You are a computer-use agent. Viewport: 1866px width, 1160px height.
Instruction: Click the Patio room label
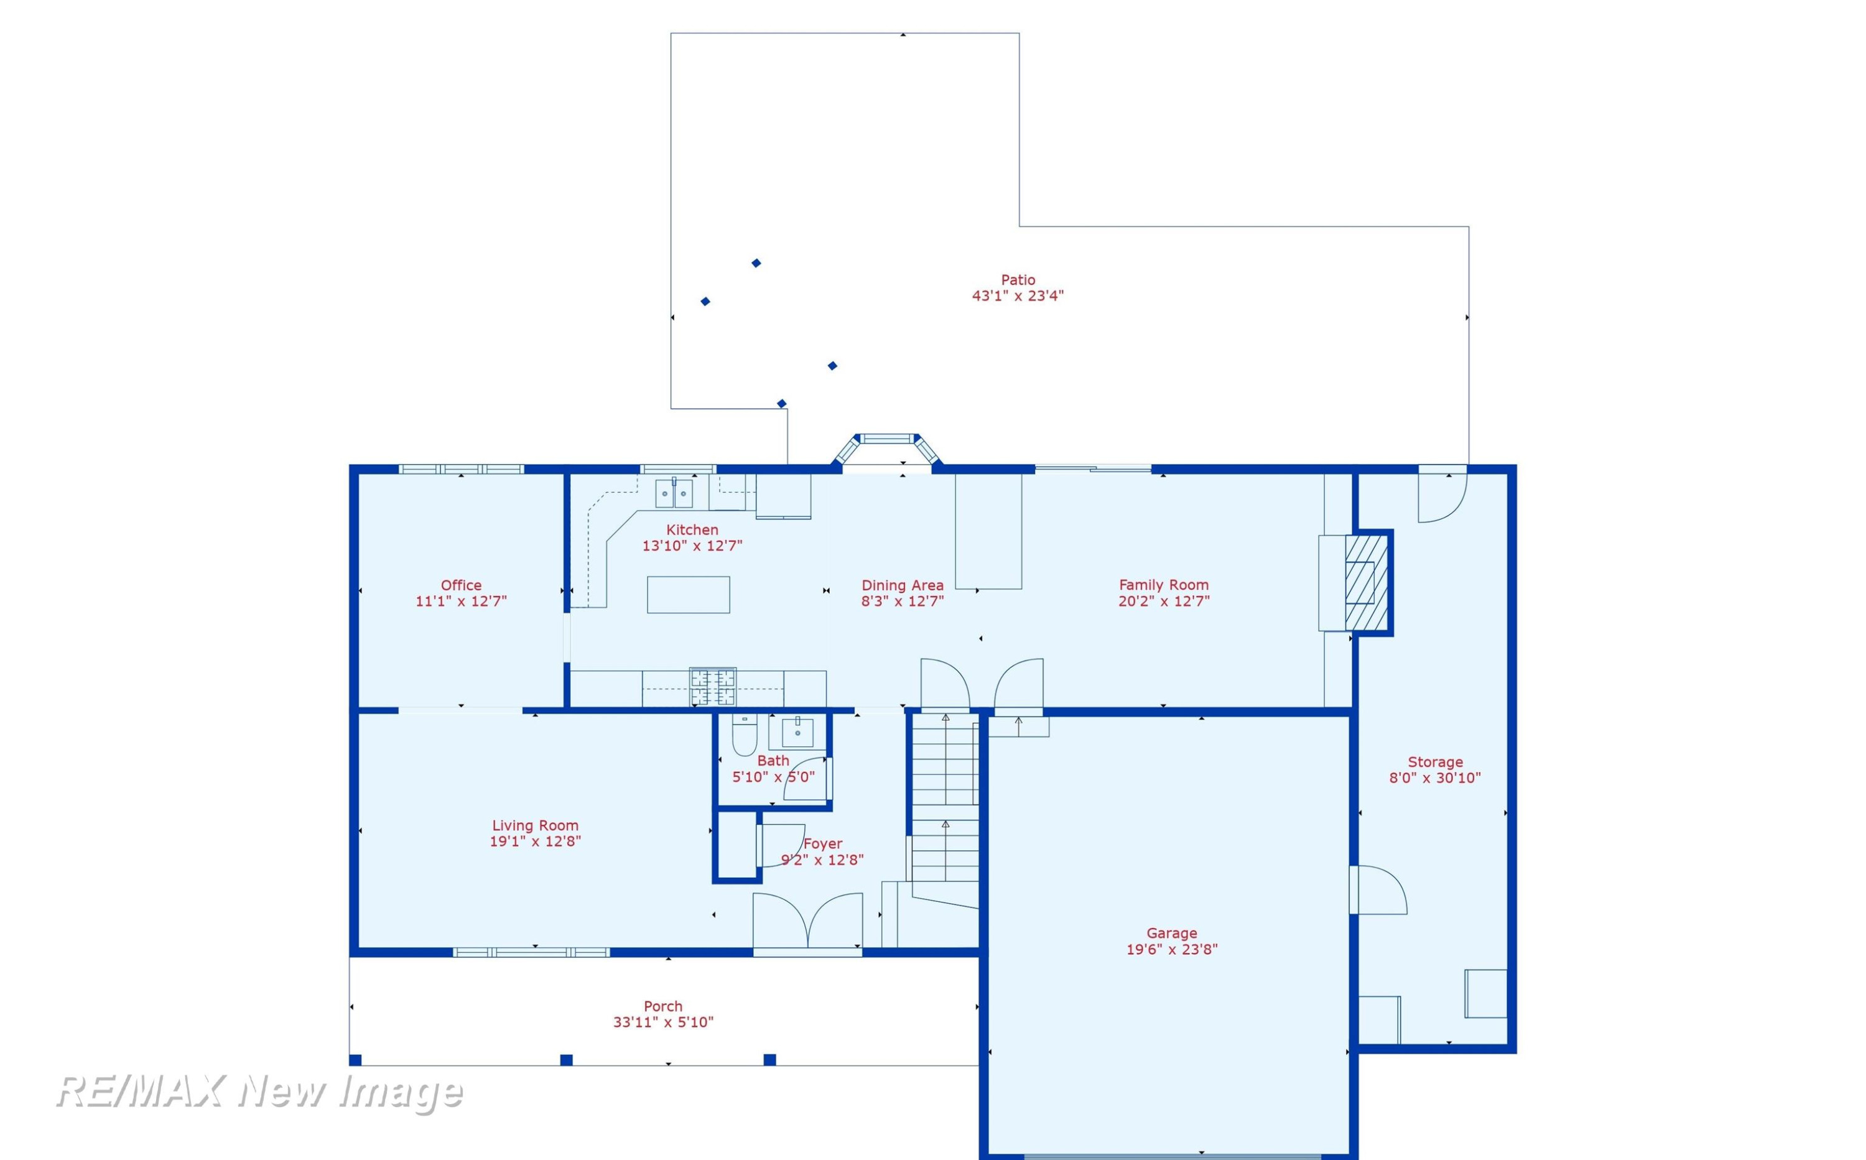pyautogui.click(x=1018, y=280)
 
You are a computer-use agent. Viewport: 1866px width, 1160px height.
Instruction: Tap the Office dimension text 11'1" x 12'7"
pyautogui.click(x=461, y=601)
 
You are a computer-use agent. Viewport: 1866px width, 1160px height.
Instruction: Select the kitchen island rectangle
pyautogui.click(x=688, y=595)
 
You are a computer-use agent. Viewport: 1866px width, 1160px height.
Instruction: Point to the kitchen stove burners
pyautogui.click(x=713, y=687)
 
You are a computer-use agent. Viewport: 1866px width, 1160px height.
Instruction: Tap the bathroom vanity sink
pyautogui.click(x=798, y=733)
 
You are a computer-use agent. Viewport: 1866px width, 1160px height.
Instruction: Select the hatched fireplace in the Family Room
pyautogui.click(x=1367, y=582)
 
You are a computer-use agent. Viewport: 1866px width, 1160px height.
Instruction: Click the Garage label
pyautogui.click(x=1172, y=933)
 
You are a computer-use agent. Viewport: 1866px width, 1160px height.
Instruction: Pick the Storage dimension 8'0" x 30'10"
pyautogui.click(x=1435, y=778)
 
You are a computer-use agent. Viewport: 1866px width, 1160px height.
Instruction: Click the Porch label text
pyautogui.click(x=663, y=1006)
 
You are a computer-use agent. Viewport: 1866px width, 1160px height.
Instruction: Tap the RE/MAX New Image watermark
pyautogui.click(x=259, y=1092)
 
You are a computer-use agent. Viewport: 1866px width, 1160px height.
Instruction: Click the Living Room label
pyautogui.click(x=536, y=825)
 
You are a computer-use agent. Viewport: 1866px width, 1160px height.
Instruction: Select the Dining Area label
pyautogui.click(x=903, y=585)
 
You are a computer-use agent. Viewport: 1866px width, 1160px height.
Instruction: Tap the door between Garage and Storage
pyautogui.click(x=1377, y=890)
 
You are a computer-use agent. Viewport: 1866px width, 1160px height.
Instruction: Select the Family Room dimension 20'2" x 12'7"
pyautogui.click(x=1164, y=601)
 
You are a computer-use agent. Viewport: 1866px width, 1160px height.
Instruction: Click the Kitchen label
pyautogui.click(x=692, y=530)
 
